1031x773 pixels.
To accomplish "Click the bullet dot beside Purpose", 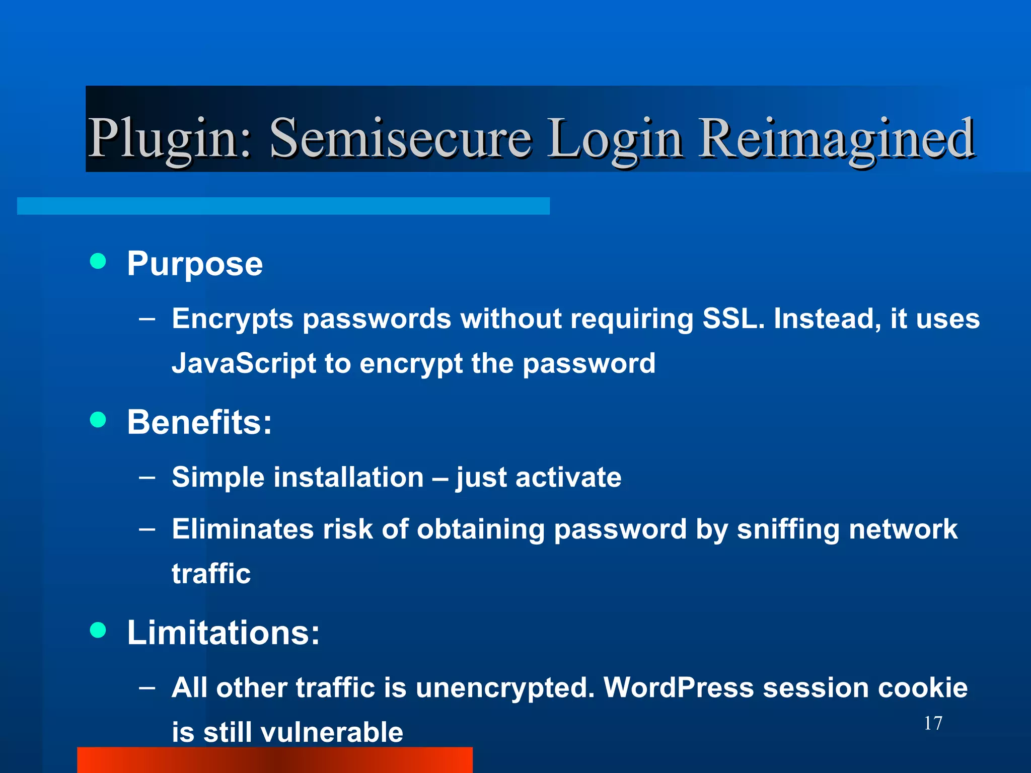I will point(98,261).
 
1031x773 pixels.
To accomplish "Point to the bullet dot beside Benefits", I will point(98,419).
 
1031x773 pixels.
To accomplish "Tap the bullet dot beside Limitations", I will point(98,630).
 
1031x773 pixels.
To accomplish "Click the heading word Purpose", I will point(195,264).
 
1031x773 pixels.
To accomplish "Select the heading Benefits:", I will point(199,422).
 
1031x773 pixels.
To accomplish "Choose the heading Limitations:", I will point(223,632).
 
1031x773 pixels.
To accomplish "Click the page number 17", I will point(933,723).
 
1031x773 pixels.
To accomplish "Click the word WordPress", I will point(679,687).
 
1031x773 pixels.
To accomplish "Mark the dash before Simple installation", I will point(147,477).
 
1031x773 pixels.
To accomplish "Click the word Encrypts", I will point(233,319).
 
